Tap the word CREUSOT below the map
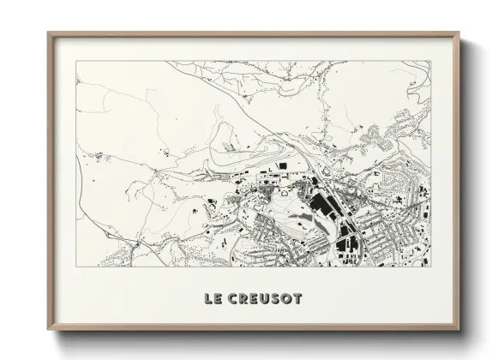click(x=266, y=299)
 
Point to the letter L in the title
click(x=208, y=299)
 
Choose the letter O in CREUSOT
click(x=286, y=299)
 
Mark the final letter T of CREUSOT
click(x=297, y=299)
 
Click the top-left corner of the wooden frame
click(x=48, y=33)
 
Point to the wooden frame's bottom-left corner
click(x=48, y=330)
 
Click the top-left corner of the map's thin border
click(x=75, y=61)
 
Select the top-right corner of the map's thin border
click(x=431, y=61)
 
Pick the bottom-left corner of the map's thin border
click(x=75, y=267)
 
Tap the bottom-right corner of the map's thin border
click(x=431, y=267)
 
